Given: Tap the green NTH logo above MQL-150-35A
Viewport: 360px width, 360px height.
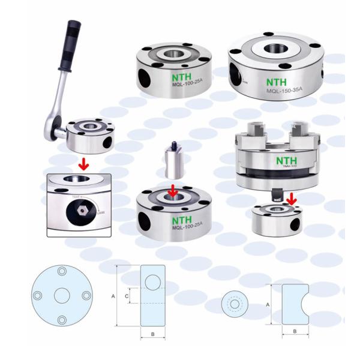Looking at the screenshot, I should (277, 81).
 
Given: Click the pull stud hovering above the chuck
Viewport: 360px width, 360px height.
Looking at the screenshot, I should (174, 161).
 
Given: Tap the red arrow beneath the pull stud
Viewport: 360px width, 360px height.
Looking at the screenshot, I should (173, 191).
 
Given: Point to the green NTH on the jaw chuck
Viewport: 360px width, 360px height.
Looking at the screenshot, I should (283, 161).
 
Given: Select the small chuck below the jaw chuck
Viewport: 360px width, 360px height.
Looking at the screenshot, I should (276, 219).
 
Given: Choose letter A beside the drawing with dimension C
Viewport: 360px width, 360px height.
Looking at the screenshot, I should (113, 296).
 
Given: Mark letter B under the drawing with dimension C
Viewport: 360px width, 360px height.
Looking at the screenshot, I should (152, 334).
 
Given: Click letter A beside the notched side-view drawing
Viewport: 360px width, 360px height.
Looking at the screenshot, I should (268, 305).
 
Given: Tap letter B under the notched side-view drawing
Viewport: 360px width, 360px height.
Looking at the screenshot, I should (295, 332).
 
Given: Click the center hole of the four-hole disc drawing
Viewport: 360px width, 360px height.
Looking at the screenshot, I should (62, 296).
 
